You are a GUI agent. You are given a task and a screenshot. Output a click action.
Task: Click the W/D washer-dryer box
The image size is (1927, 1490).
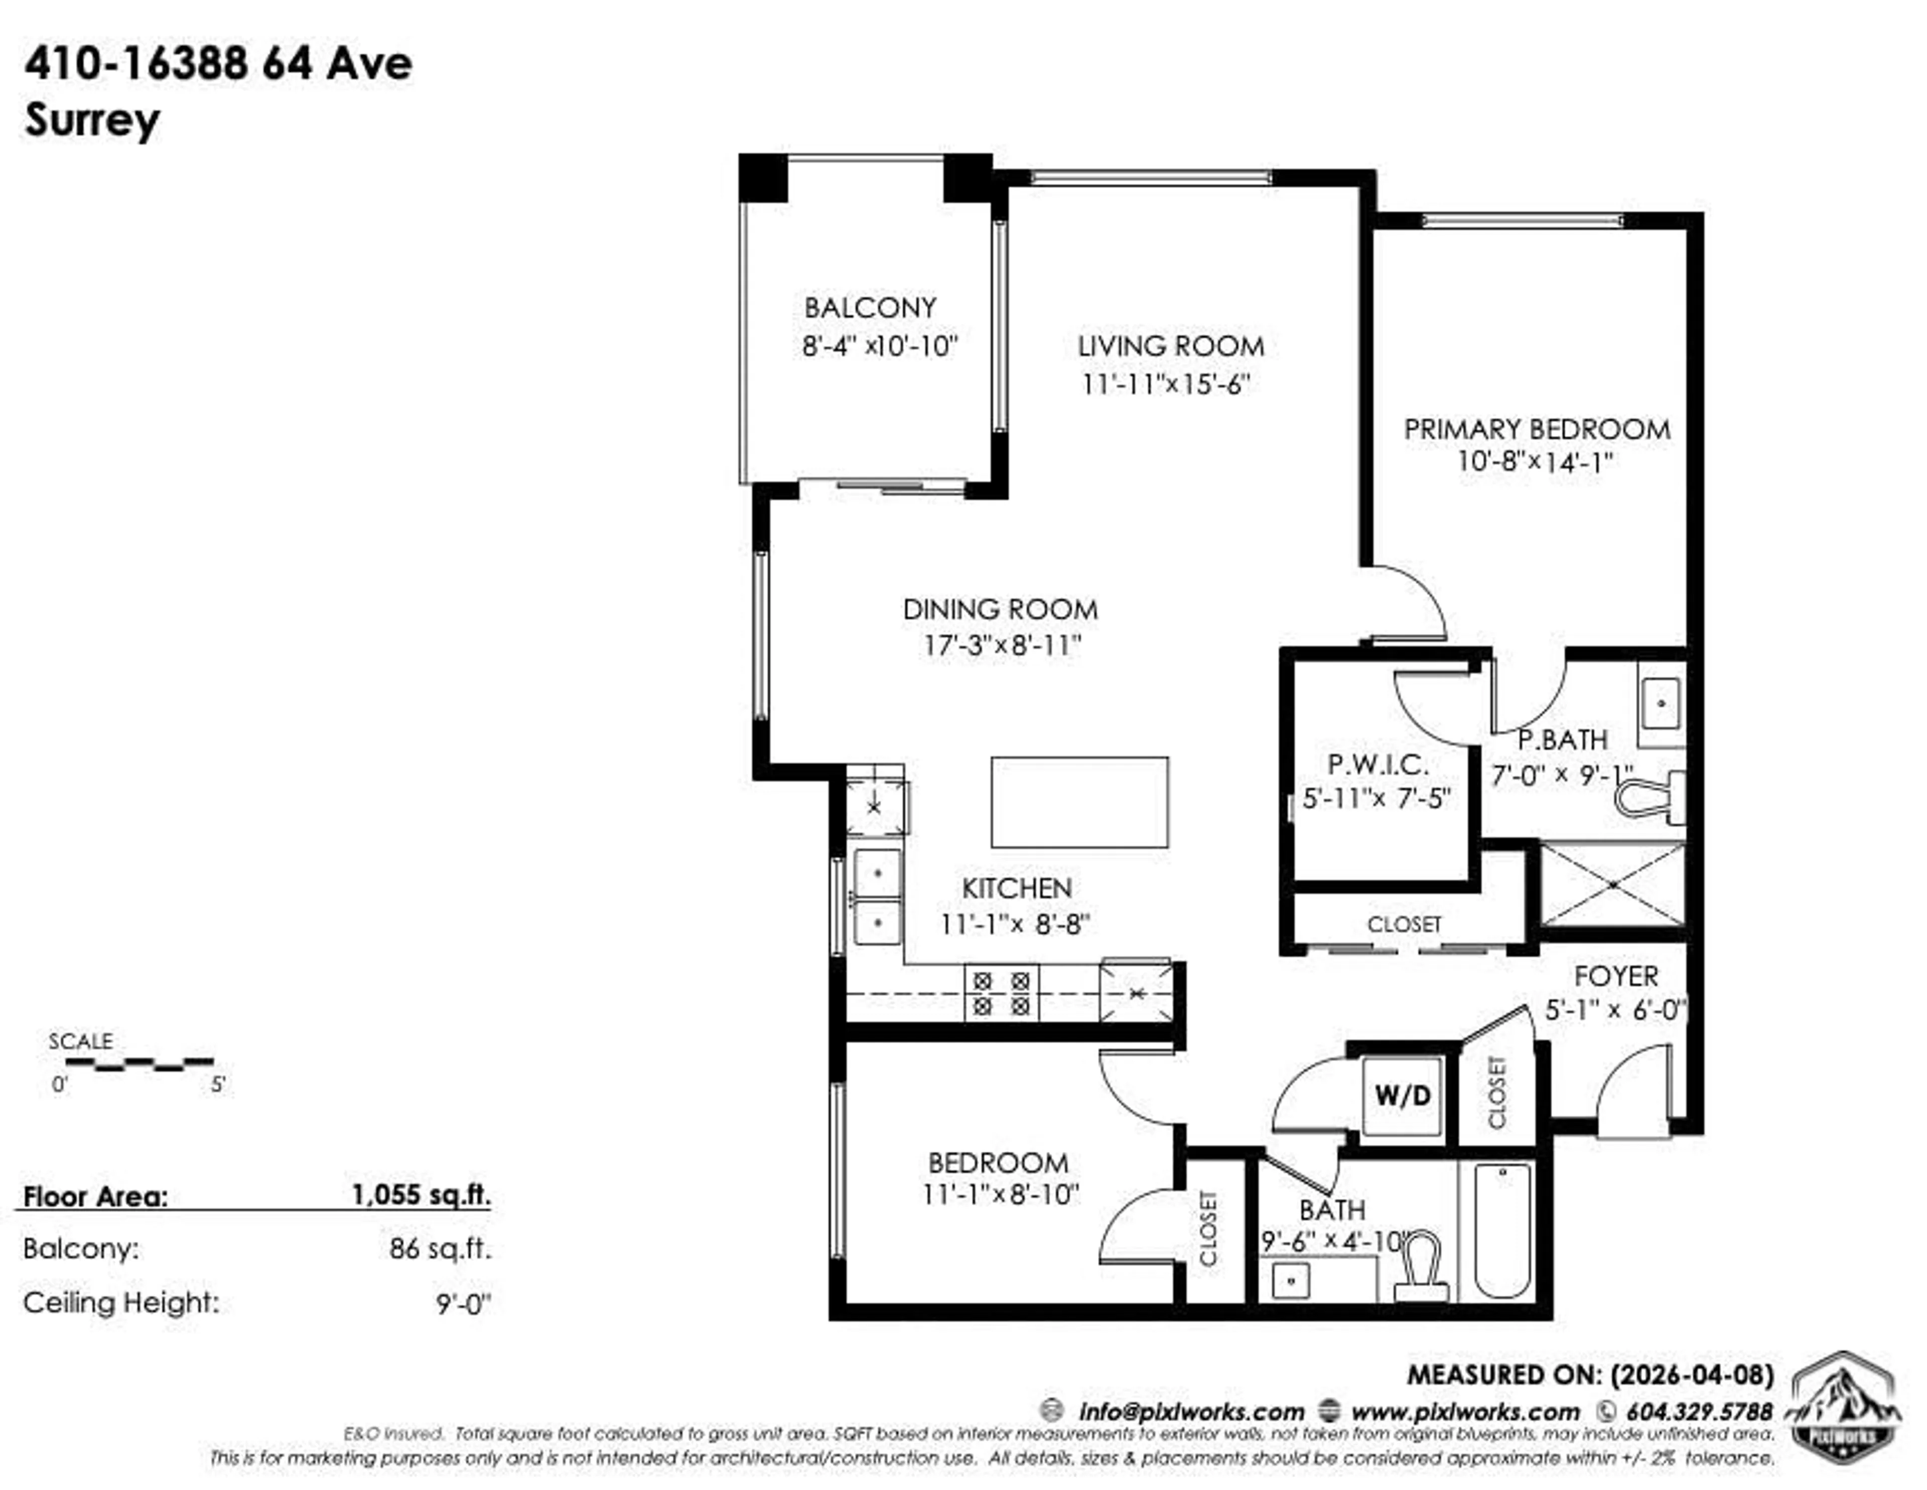[x=1402, y=1096]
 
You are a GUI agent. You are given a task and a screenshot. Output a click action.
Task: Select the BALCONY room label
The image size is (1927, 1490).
[x=870, y=308]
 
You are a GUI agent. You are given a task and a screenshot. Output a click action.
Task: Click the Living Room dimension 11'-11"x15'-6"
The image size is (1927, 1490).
[x=1166, y=385]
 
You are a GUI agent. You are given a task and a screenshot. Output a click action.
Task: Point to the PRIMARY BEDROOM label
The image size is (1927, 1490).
[x=1536, y=429]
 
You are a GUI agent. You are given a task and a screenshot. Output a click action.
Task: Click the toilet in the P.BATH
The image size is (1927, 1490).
[x=1650, y=798]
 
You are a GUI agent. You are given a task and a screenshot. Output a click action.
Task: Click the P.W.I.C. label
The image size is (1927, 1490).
[x=1378, y=764]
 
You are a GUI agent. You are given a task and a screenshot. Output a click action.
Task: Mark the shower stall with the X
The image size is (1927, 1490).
[x=1612, y=884]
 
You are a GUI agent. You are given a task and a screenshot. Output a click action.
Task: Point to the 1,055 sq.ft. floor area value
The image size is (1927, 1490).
[x=421, y=1196]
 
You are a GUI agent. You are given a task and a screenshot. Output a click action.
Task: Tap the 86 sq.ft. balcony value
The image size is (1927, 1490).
[x=440, y=1249]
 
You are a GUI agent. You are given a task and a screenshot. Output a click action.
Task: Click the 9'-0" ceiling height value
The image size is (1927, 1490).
[x=462, y=1304]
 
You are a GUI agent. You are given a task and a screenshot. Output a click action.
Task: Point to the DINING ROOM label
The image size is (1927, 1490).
[x=1000, y=610]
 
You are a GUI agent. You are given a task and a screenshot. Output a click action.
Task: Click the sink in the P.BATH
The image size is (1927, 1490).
[x=1662, y=703]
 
